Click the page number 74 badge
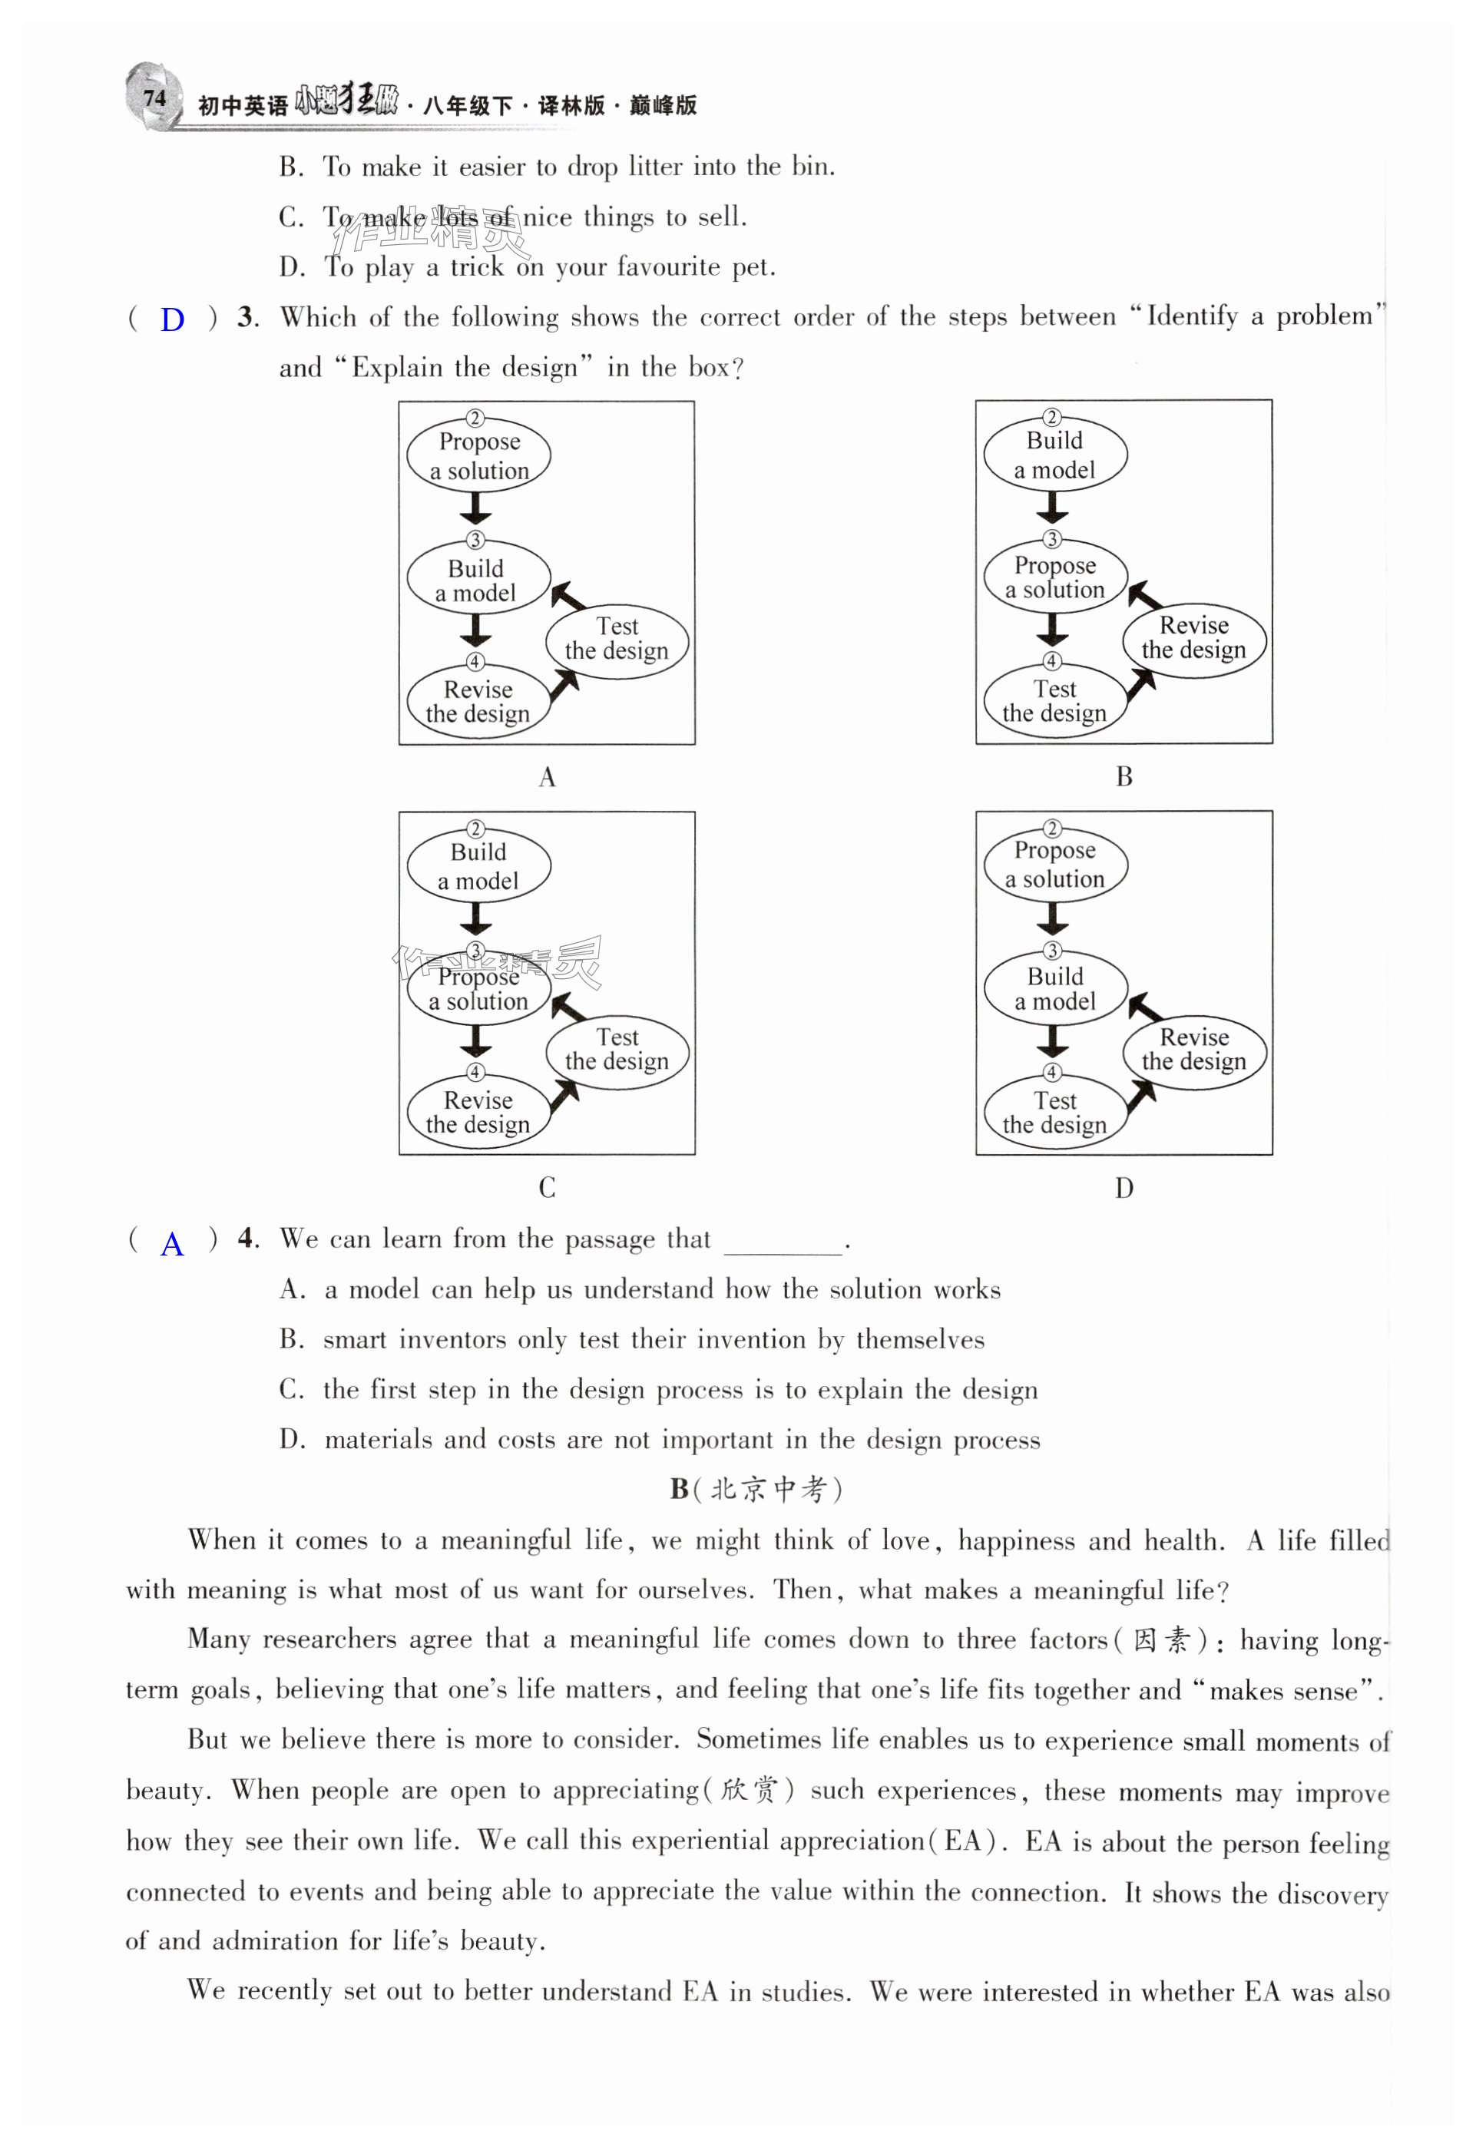[x=154, y=97]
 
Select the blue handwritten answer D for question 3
[x=172, y=320]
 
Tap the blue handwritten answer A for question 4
[x=172, y=1244]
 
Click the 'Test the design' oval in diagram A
[x=617, y=640]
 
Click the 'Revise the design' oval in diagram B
[x=1194, y=639]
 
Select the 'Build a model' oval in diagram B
[x=1054, y=455]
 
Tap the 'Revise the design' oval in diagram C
[x=478, y=1113]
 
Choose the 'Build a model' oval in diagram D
[x=1054, y=989]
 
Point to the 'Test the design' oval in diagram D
[x=1054, y=1113]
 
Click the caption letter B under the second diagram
[x=1124, y=776]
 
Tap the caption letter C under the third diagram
[x=548, y=1187]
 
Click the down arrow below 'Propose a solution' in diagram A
[x=475, y=508]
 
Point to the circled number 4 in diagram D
[x=1052, y=1073]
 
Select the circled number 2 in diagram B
[x=1051, y=417]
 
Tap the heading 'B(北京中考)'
[x=756, y=1489]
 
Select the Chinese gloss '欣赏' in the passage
[x=748, y=1790]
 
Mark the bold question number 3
[x=246, y=317]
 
